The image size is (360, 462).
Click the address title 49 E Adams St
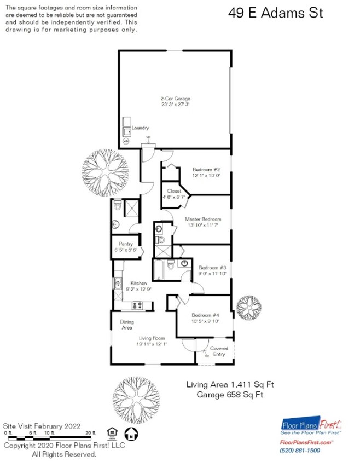click(x=275, y=13)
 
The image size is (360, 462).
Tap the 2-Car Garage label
click(x=175, y=99)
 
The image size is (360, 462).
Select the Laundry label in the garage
click(x=140, y=128)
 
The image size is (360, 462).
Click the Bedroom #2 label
click(x=205, y=170)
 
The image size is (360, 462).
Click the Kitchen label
click(x=138, y=283)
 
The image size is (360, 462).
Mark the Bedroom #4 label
click(x=205, y=315)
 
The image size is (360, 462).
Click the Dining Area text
click(x=127, y=325)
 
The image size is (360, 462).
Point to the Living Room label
click(x=150, y=339)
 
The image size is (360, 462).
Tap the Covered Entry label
click(x=218, y=351)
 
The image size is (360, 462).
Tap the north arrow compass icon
click(x=130, y=436)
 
